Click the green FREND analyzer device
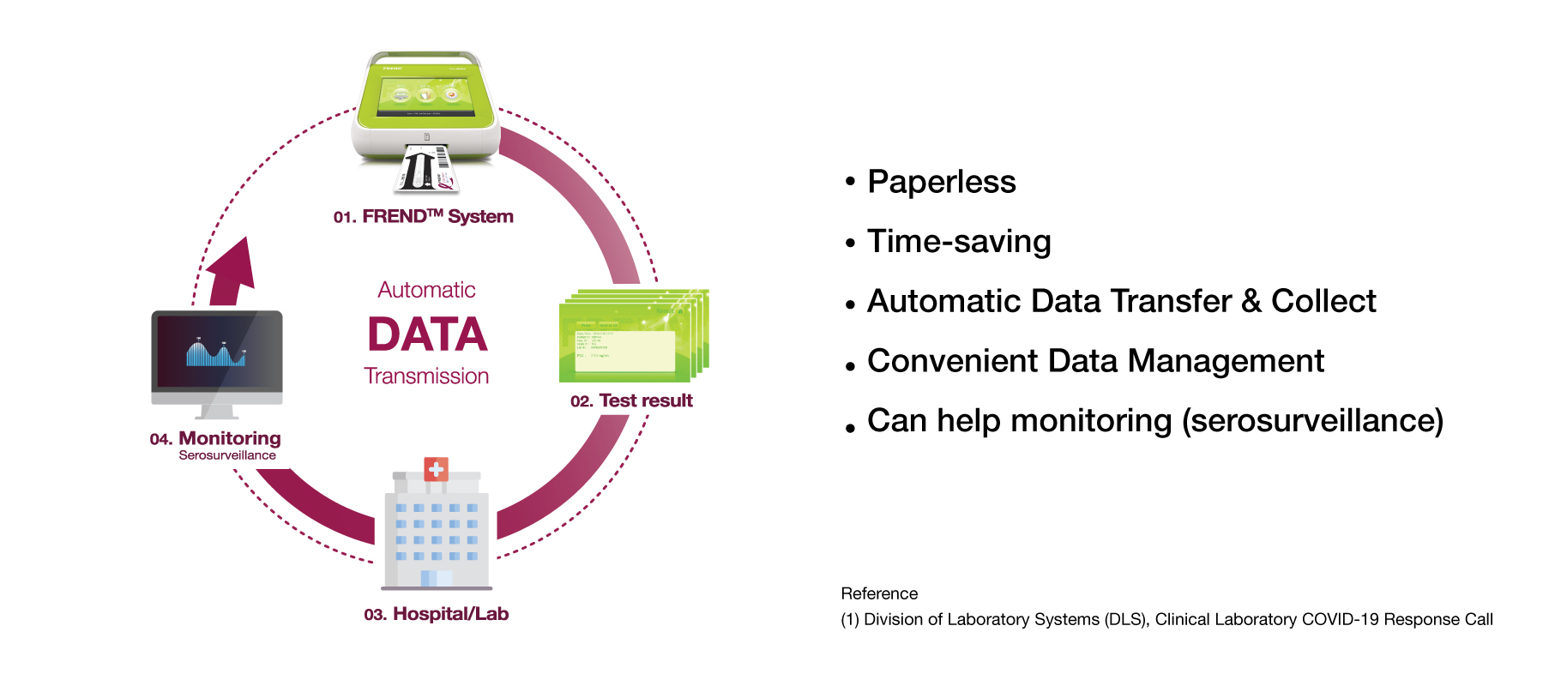[x=425, y=103]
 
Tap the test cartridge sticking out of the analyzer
[x=426, y=170]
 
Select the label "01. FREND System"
[x=424, y=217]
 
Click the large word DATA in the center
[x=427, y=334]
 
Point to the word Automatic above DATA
[x=426, y=290]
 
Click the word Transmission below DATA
[x=426, y=376]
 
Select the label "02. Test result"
[x=632, y=401]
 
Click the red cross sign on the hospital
[x=436, y=469]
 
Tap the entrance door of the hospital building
[x=436, y=578]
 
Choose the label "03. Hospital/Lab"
[x=437, y=615]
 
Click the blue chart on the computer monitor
[x=216, y=352]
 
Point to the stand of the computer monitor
[x=216, y=411]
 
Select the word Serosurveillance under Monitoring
[x=227, y=455]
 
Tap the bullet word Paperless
[x=941, y=182]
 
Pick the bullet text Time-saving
[x=959, y=242]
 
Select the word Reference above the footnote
[x=879, y=593]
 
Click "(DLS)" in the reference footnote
[x=1125, y=619]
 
